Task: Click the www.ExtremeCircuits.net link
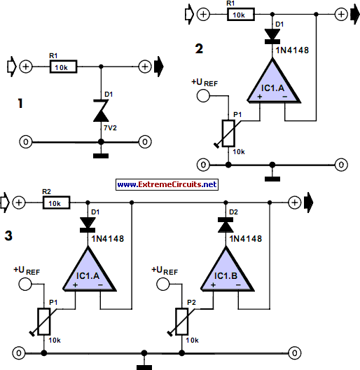167,184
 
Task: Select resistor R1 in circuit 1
60,67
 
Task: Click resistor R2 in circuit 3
56,203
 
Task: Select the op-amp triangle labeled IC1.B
226,272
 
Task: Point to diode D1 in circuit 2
270,35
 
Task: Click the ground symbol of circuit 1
102,152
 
